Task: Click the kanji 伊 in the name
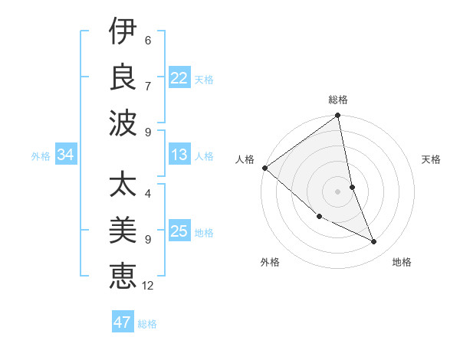pos(122,32)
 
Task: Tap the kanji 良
pos(122,77)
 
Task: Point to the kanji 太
pos(122,187)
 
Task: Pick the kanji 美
pos(122,231)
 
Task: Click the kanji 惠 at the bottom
pos(122,276)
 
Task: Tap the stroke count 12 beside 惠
pos(148,286)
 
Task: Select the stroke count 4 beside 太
pos(147,194)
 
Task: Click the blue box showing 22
pos(179,78)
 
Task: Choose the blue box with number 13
pos(179,155)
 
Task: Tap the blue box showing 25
pos(179,231)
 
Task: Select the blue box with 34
pos(66,155)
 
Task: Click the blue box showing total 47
pos(123,322)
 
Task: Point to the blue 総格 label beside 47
pos(148,324)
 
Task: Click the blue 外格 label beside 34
pos(41,156)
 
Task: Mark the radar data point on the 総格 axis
pos(337,116)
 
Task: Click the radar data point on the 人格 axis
pos(265,168)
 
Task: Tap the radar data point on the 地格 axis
pos(374,242)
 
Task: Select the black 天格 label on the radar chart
pos(431,159)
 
